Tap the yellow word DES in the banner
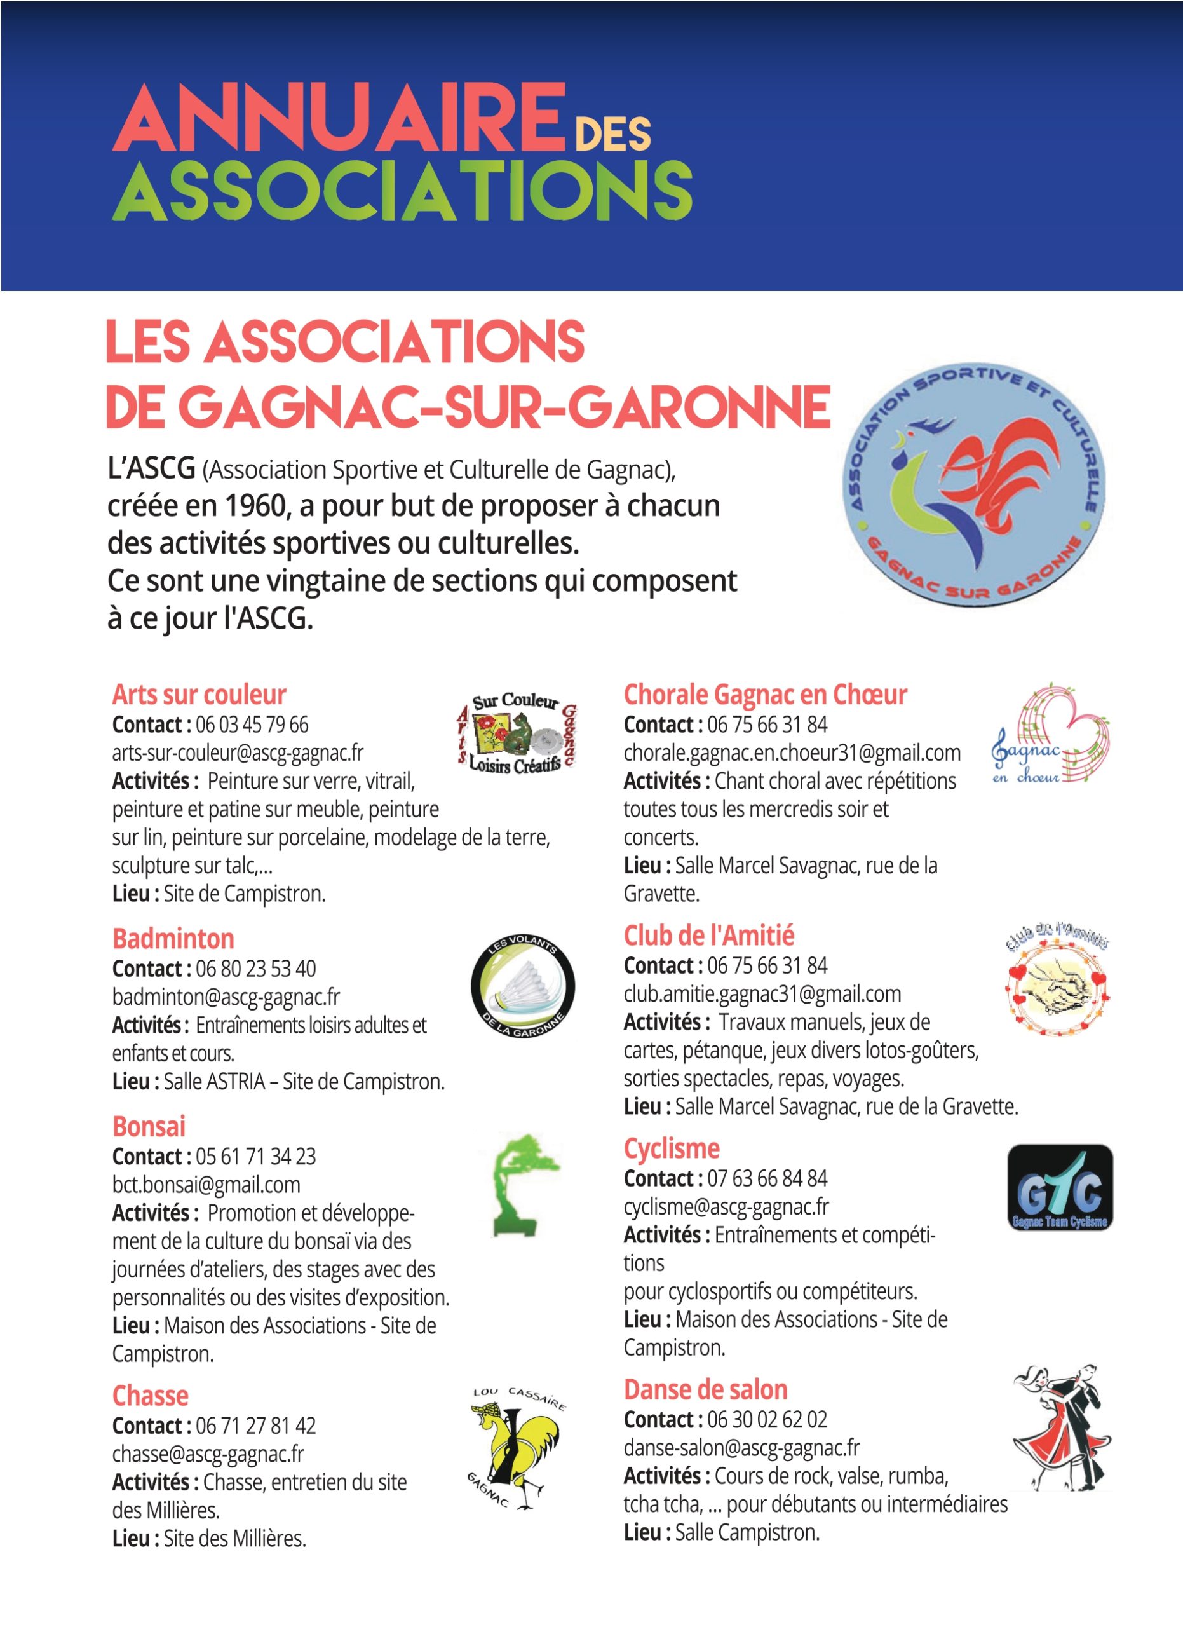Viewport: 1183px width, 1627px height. coord(613,133)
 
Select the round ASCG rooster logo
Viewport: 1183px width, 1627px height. coord(973,484)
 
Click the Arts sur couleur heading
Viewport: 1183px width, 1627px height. coord(199,695)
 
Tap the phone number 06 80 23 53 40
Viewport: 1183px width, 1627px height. coord(255,969)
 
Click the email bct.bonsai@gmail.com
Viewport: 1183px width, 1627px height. coord(206,1185)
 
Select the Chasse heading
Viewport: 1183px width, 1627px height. coord(150,1395)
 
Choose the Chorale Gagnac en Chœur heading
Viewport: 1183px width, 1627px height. coord(764,695)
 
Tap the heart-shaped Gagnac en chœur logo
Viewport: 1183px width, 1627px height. coord(1050,733)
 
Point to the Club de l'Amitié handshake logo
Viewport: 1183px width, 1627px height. coord(1058,980)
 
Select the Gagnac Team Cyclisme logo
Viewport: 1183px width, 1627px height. coord(1060,1187)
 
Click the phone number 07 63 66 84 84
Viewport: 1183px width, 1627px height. coord(766,1178)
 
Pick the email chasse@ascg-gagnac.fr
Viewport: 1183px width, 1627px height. coord(208,1453)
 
